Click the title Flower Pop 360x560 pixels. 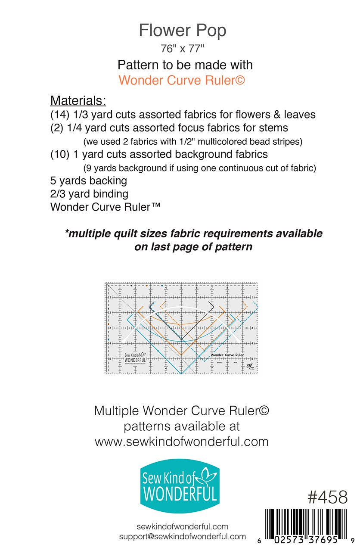[x=182, y=31]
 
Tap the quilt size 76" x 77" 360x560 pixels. [x=182, y=49]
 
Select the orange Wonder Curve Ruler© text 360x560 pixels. [x=182, y=80]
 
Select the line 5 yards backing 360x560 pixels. [x=88, y=180]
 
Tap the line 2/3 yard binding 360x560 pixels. [x=89, y=194]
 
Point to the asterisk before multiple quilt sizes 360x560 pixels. [x=67, y=233]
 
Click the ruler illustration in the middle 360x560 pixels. [x=181, y=328]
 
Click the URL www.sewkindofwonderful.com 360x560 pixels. [x=181, y=442]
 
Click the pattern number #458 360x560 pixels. [x=327, y=498]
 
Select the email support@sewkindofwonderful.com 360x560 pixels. [x=183, y=537]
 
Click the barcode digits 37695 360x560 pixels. [x=319, y=539]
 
